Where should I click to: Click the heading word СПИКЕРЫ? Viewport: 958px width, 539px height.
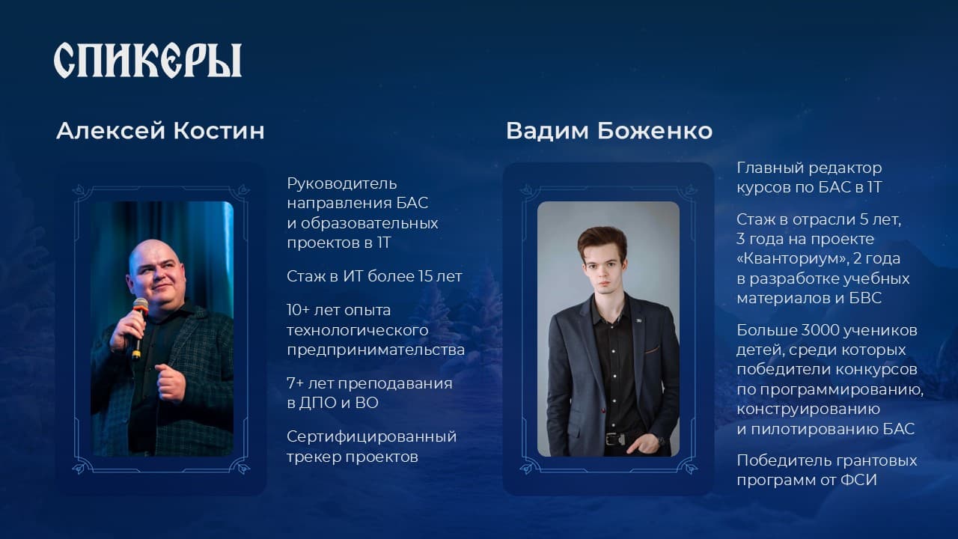coord(147,60)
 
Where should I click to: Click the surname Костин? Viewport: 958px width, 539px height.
coord(219,130)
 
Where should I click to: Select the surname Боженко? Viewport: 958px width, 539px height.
coord(655,130)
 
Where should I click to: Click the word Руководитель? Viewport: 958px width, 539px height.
coord(342,184)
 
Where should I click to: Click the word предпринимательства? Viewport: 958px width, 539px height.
coord(376,350)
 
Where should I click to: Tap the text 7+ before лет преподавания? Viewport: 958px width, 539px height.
coord(295,383)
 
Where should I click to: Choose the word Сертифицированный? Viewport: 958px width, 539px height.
coord(372,437)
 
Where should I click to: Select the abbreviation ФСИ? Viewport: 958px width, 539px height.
coord(858,481)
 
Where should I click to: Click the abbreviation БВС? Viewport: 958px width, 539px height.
coord(866,298)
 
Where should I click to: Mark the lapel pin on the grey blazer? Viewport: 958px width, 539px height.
coord(638,320)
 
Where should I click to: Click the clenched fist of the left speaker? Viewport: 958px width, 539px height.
coord(170,382)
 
